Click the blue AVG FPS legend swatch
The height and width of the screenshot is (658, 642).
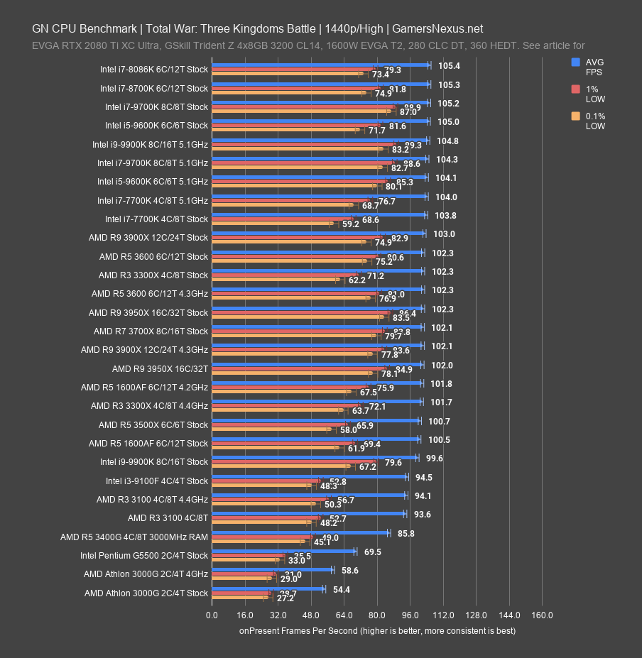pos(576,62)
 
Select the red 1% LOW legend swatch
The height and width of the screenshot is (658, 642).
pos(576,89)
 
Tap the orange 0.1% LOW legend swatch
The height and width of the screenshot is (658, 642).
pos(576,116)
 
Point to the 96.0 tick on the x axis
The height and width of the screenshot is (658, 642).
pos(410,615)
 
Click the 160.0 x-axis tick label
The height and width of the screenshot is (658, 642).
pos(542,615)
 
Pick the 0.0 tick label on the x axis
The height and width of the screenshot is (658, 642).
pos(212,615)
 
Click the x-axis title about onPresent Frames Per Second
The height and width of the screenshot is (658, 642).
pos(377,630)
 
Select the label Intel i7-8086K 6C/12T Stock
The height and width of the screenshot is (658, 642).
pos(154,70)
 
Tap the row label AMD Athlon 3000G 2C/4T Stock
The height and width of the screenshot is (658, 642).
pos(146,593)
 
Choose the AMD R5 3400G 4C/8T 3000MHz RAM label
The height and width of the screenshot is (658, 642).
pos(134,537)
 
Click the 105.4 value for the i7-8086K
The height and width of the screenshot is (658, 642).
pos(450,65)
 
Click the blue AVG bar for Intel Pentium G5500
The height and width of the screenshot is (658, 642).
pos(283,551)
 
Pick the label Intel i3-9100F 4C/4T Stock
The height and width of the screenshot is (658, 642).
pos(157,481)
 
